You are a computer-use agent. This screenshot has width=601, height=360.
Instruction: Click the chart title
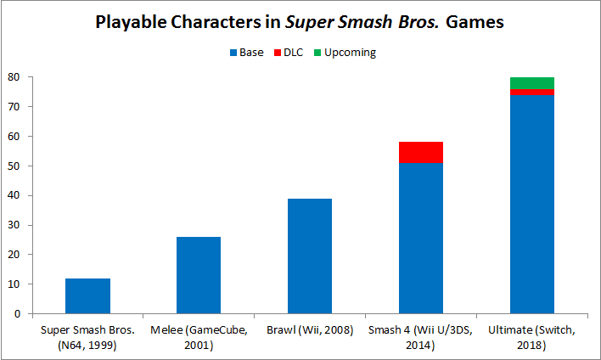pyautogui.click(x=300, y=22)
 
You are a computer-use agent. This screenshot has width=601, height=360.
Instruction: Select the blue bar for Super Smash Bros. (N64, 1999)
pyautogui.click(x=87, y=296)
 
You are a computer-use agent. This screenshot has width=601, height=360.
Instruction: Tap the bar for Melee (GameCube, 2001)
pyautogui.click(x=199, y=275)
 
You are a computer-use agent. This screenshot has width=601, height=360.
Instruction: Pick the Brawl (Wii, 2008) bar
pyautogui.click(x=310, y=256)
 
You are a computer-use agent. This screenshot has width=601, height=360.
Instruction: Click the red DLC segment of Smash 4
pyautogui.click(x=421, y=152)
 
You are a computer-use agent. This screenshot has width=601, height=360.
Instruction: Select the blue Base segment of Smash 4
pyautogui.click(x=421, y=238)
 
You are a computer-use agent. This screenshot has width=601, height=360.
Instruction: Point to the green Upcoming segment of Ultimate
pyautogui.click(x=532, y=83)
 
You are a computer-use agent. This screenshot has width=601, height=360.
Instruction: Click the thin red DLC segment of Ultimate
pyautogui.click(x=532, y=92)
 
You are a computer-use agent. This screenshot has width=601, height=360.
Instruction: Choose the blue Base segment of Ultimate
pyautogui.click(x=532, y=204)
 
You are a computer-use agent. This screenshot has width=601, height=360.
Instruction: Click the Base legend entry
pyautogui.click(x=246, y=53)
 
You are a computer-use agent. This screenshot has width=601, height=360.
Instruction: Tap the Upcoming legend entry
pyautogui.click(x=345, y=53)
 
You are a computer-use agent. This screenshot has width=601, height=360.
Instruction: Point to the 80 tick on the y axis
pyautogui.click(x=14, y=77)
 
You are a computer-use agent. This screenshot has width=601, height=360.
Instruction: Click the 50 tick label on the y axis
pyautogui.click(x=14, y=166)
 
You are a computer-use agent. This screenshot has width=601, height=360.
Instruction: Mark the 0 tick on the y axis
pyautogui.click(x=18, y=314)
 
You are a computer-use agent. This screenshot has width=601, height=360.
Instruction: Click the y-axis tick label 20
pyautogui.click(x=14, y=255)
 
